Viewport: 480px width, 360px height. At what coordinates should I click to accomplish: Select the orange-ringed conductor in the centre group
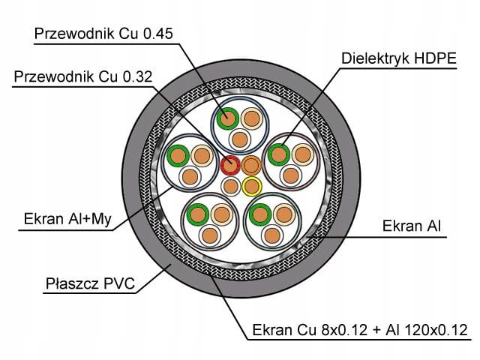[x=251, y=165]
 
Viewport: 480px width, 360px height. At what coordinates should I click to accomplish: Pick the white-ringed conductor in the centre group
[x=231, y=184]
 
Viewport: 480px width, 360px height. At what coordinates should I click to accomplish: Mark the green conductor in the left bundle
[x=178, y=156]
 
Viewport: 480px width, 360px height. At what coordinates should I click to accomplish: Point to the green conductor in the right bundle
[x=279, y=154]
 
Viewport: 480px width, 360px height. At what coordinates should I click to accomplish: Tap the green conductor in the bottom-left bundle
[x=197, y=213]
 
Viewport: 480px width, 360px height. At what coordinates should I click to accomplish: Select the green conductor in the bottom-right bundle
[x=261, y=213]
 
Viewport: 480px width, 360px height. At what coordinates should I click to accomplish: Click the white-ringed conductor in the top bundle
[x=239, y=139]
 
